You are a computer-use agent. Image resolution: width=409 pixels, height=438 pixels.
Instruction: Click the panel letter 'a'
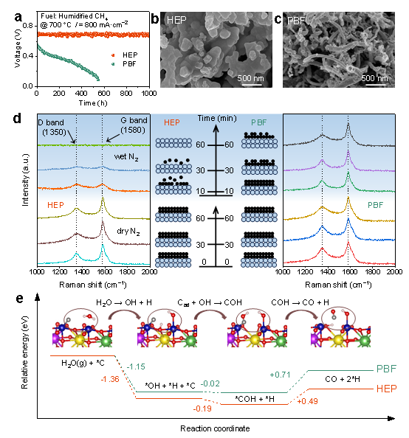18,18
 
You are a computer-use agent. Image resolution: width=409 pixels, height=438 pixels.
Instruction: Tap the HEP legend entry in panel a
125,55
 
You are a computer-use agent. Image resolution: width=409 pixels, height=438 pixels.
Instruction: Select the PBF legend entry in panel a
124,64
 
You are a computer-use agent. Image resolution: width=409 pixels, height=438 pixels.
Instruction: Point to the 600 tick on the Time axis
104,94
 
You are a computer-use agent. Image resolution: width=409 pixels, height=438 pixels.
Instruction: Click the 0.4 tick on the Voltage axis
28,56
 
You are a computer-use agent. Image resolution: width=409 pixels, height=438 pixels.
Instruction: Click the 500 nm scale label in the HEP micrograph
250,78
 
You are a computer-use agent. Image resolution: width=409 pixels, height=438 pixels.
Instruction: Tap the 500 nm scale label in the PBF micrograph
374,78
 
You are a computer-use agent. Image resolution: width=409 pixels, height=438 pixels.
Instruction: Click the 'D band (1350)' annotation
52,127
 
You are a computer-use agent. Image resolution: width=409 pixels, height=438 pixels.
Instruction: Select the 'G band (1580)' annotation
134,125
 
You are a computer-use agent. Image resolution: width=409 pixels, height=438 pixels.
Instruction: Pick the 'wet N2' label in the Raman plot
126,157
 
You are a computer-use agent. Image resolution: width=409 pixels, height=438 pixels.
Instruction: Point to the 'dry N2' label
128,232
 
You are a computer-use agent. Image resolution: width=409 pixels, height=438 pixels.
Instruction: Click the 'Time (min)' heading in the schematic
217,119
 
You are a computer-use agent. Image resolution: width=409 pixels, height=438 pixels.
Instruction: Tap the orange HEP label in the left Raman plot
55,205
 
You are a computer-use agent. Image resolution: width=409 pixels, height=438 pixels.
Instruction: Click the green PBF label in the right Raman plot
376,205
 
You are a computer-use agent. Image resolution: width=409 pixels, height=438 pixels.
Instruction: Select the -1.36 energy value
110,379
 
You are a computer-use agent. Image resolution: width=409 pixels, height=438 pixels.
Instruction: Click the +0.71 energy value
280,375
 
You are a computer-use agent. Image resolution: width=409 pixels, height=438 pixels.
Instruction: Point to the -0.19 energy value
202,409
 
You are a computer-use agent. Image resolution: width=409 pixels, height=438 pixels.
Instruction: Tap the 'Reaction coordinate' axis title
215,428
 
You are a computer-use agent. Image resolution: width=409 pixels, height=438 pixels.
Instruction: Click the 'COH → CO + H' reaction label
300,302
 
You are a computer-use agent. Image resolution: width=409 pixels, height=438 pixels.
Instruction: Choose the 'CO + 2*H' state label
343,379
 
